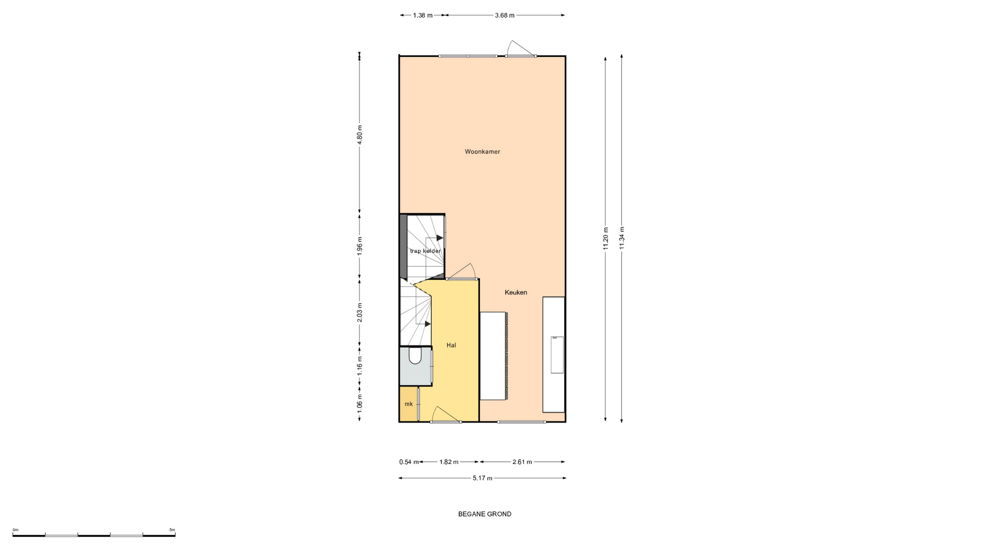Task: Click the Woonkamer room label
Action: (482, 152)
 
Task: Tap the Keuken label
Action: (516, 292)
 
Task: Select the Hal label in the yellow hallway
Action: (451, 346)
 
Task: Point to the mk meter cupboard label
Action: (408, 404)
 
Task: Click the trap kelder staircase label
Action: (425, 251)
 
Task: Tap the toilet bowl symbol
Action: (415, 356)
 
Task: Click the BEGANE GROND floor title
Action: (484, 514)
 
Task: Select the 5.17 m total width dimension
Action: (482, 478)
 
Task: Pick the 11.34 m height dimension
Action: (622, 238)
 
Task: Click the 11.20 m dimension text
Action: (605, 238)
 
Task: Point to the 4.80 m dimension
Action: (360, 135)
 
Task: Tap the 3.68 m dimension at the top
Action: (504, 15)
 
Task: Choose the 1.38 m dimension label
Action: (423, 15)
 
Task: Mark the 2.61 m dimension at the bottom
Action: (522, 462)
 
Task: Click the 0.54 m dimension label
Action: (409, 462)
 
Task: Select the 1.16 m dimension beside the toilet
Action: (360, 366)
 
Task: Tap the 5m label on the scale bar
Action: (172, 530)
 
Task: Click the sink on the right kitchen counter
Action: (557, 355)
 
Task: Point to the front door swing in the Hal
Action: (446, 415)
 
